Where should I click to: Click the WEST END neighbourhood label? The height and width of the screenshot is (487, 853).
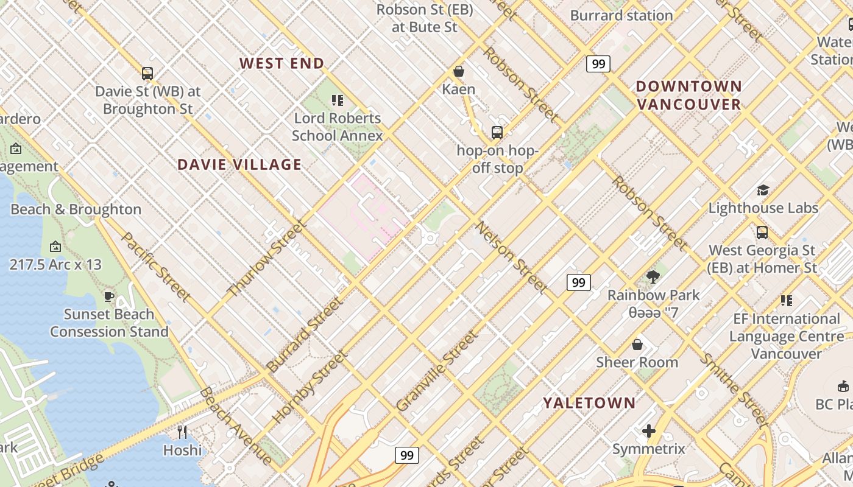point(281,63)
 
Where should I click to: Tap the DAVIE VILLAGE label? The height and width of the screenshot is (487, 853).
point(239,164)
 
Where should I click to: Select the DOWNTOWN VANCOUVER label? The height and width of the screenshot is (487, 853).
point(689,95)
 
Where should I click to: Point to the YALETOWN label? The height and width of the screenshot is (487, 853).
point(589,403)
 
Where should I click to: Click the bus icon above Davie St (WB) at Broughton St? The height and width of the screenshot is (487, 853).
point(147,74)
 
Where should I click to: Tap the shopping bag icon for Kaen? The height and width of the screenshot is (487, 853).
point(459,72)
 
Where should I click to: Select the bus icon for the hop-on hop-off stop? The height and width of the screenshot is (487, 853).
point(497,133)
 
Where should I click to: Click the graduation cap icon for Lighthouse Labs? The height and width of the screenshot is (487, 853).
point(763,191)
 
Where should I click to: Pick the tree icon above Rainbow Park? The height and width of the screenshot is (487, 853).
point(653,277)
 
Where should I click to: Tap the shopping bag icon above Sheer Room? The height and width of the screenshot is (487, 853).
point(637,345)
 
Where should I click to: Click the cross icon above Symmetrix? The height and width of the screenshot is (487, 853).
point(649,432)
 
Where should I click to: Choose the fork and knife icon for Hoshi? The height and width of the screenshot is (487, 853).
point(182,432)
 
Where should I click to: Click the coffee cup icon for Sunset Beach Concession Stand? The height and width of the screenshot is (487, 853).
point(109,296)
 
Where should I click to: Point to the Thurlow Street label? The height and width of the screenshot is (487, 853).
point(266,259)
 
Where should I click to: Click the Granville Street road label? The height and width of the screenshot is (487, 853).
point(436,371)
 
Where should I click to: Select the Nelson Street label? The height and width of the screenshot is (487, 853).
point(511,257)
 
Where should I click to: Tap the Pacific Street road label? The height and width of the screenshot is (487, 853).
point(156,266)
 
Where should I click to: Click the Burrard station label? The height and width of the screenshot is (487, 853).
point(621,15)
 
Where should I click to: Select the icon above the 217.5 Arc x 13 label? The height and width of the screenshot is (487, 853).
point(55,247)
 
